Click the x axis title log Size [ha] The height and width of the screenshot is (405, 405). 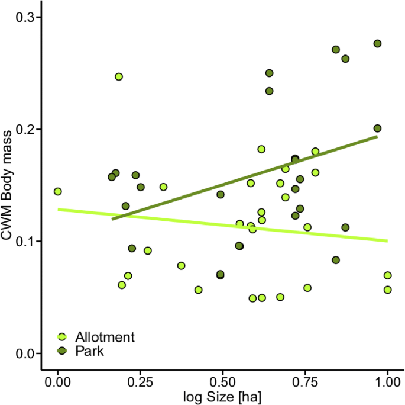point(222,396)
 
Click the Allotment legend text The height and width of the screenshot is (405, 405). point(105,337)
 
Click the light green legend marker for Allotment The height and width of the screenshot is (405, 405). point(62,337)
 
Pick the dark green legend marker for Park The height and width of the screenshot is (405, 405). point(62,352)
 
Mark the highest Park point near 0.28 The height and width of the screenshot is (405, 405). point(377,43)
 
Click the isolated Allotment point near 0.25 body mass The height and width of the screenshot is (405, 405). point(119,76)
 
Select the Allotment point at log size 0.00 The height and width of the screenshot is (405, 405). point(58,191)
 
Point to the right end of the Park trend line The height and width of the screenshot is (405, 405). point(377,136)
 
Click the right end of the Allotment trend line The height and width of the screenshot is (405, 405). point(387,240)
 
